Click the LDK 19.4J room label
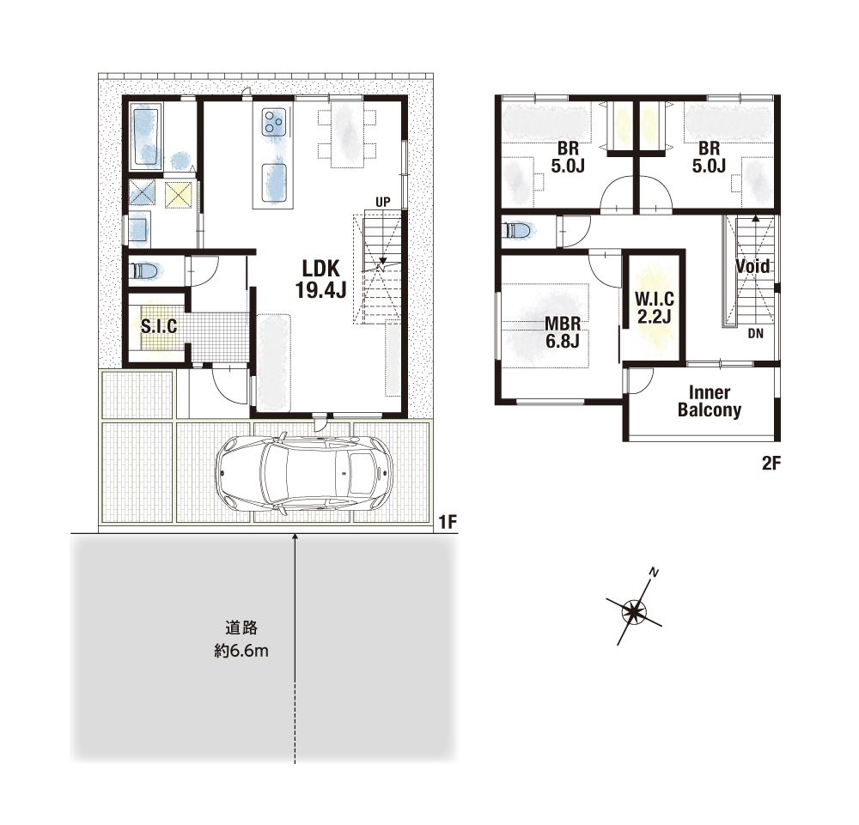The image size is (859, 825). point(320,279)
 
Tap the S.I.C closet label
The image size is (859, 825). point(159,326)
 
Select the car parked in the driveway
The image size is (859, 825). point(304,473)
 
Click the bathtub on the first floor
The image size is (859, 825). point(147,136)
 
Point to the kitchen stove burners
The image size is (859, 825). point(274,122)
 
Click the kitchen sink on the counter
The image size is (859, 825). point(274,183)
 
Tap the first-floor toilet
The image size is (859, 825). point(144,270)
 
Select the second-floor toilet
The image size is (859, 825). point(516,230)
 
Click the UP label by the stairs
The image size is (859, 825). point(383,202)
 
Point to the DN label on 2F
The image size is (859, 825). point(755,333)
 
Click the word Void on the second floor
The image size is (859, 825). point(752,267)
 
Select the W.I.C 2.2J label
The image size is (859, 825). point(654,307)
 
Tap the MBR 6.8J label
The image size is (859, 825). point(563,332)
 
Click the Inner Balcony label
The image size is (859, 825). point(710,401)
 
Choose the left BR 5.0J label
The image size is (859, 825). point(568,157)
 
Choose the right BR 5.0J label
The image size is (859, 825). point(709,157)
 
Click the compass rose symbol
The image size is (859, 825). point(635,610)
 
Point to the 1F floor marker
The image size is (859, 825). point(448,522)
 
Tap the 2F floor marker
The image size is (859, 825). point(771,464)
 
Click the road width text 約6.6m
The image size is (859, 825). point(241,651)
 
